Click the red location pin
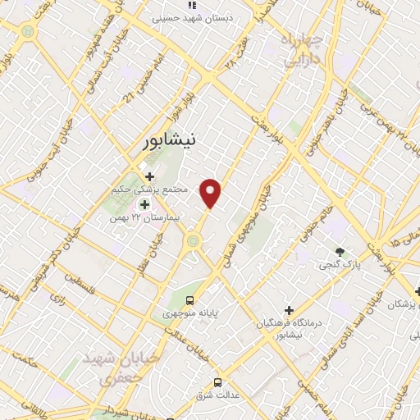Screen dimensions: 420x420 [211, 192]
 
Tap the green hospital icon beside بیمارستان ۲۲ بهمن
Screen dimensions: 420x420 [144, 204]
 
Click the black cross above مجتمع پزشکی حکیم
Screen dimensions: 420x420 [149, 176]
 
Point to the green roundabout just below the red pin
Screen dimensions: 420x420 [194, 240]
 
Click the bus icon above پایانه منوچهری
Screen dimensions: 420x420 [189, 300]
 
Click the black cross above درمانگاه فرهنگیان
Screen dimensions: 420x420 [289, 310]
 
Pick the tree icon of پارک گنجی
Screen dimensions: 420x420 [340, 251]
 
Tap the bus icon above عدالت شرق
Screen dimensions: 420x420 [217, 382]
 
